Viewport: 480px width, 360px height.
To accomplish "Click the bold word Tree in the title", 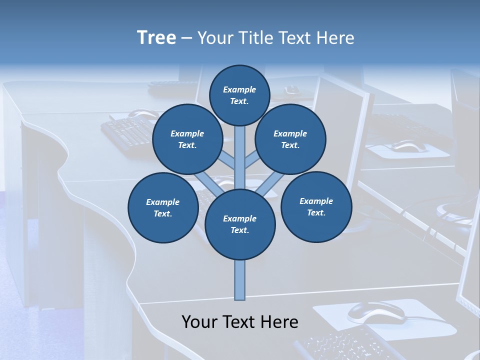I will pos(156,38).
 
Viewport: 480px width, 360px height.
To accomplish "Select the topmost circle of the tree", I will pos(239,95).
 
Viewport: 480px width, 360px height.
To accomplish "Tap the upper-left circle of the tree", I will pos(187,139).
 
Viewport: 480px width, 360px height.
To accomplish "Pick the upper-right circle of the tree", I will pos(290,139).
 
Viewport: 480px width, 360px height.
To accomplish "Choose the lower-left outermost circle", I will pos(162,207).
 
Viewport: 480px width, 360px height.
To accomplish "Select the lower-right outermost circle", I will pos(316,206).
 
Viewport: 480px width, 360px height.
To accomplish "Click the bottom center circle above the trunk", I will pos(239,224).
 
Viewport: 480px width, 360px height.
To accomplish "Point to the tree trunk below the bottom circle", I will pos(239,280).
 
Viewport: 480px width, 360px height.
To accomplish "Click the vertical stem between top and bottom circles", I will pos(239,157).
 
